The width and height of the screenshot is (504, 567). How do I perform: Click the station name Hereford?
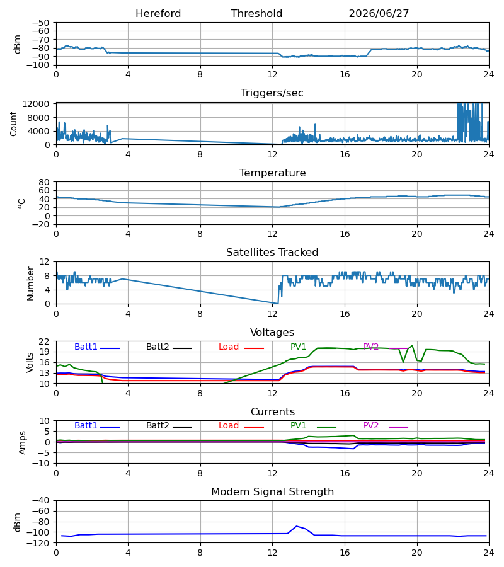coord(158,14)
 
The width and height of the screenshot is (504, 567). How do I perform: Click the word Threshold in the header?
coord(256,14)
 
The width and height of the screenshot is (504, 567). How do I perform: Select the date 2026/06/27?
coord(379,14)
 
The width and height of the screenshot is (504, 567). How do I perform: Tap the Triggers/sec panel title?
coord(272,93)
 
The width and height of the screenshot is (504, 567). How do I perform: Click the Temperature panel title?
coord(272,173)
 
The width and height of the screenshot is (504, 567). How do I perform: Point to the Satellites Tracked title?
coord(272,253)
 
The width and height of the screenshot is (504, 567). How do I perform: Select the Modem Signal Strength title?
coord(272,492)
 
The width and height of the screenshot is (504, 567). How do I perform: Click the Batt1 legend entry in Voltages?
coord(97,346)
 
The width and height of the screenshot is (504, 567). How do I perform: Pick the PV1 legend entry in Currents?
coord(313,426)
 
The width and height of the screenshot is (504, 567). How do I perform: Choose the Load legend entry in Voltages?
coord(241,346)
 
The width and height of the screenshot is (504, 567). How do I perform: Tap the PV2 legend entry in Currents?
coord(386,426)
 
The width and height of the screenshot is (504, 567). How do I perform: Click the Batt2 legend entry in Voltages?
coord(169,346)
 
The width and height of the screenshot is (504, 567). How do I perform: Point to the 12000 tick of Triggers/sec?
coord(36,105)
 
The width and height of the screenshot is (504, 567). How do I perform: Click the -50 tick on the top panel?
coord(40,23)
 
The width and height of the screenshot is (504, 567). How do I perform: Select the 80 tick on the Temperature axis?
coord(43,182)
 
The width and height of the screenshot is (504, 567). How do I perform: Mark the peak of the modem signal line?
coord(297,526)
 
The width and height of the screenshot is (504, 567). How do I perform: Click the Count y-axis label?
coord(13,123)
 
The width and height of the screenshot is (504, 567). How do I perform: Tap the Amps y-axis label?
coord(23,443)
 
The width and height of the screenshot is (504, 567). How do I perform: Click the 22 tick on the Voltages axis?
coord(43,341)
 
